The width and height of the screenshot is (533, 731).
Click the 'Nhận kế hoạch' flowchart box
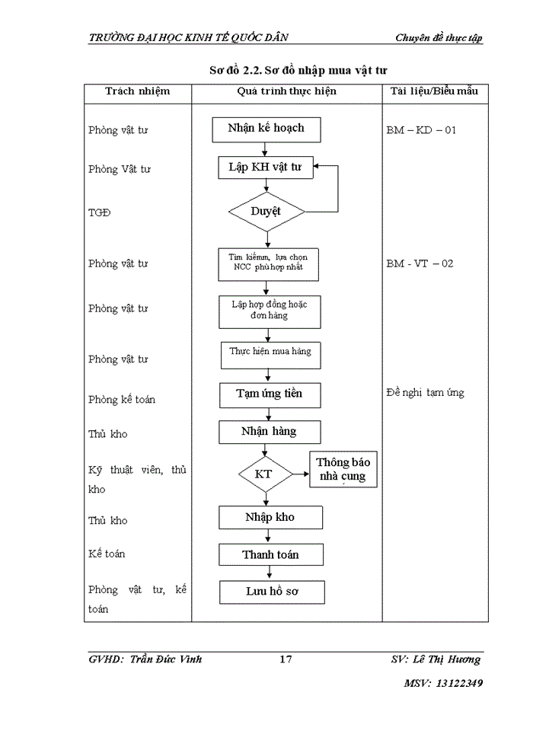pyautogui.click(x=266, y=129)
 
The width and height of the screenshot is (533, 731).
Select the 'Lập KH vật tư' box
pyautogui.click(x=265, y=168)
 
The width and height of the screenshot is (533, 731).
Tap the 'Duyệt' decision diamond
pyautogui.click(x=266, y=212)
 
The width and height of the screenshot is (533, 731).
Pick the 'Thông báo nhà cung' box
pyautogui.click(x=343, y=470)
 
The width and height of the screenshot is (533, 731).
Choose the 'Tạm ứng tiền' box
pyautogui.click(x=269, y=394)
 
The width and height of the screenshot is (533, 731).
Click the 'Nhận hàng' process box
pyautogui.click(x=269, y=432)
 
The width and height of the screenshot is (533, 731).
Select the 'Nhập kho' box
pyautogui.click(x=269, y=518)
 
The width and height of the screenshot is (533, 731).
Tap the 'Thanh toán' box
pyautogui.click(x=270, y=554)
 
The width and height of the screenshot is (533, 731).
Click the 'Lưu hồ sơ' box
pyautogui.click(x=272, y=592)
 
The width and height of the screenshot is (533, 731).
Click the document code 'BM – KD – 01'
pyautogui.click(x=421, y=130)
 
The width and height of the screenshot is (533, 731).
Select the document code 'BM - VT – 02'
pyautogui.click(x=420, y=263)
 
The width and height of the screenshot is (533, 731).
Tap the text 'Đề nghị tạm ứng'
pyautogui.click(x=425, y=393)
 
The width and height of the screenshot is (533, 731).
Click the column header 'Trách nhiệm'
pyautogui.click(x=137, y=92)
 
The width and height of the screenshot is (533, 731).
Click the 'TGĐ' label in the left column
pyautogui.click(x=99, y=212)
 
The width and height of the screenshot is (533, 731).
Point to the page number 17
pyautogui.click(x=286, y=659)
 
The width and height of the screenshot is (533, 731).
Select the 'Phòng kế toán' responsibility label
pyautogui.click(x=121, y=399)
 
